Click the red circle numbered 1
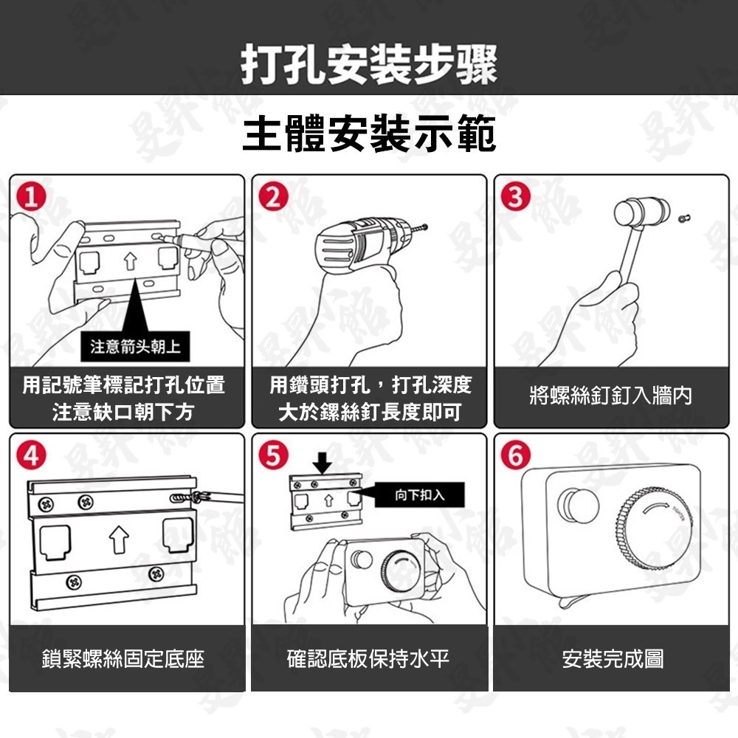click(x=31, y=197)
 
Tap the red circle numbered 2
click(x=274, y=197)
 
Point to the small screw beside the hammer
click(x=685, y=217)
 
